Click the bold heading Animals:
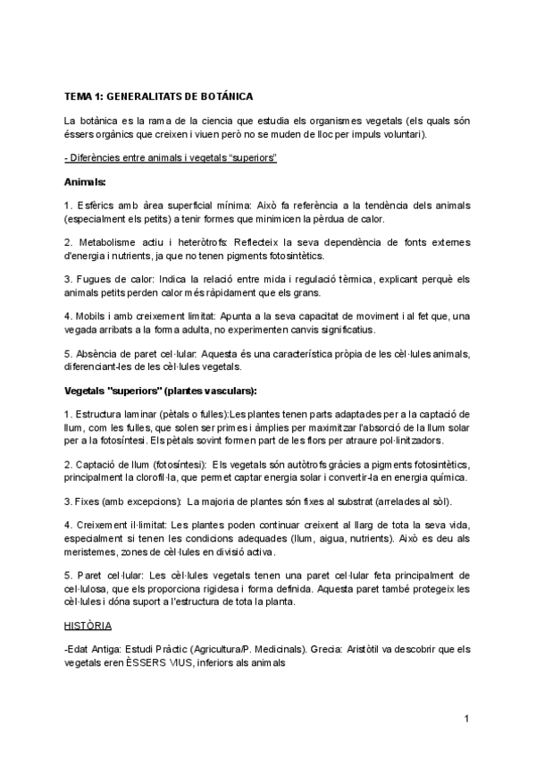coord(85,182)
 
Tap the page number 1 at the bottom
coord(467,719)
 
